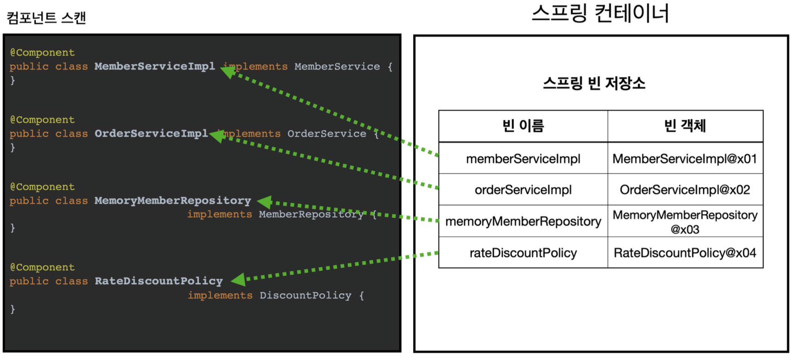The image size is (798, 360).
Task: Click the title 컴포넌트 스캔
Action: [x=46, y=18]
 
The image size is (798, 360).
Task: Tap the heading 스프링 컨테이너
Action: [x=600, y=13]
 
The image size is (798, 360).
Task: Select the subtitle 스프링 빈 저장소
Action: [x=594, y=83]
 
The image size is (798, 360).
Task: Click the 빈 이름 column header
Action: [x=523, y=126]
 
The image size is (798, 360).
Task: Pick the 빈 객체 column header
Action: [x=685, y=126]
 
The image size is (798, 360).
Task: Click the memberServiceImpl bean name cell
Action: [x=523, y=159]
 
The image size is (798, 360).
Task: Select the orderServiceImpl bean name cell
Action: [x=523, y=190]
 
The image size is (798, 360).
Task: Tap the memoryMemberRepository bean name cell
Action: [x=523, y=221]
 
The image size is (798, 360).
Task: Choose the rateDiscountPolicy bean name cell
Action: [x=523, y=253]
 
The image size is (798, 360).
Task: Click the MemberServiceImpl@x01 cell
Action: [x=685, y=159]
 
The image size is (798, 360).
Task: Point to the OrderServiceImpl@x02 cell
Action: [x=685, y=190]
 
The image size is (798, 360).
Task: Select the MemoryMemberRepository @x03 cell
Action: [x=685, y=221]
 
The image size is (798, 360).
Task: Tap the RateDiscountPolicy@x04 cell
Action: [x=685, y=253]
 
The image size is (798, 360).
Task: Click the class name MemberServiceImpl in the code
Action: [x=154, y=66]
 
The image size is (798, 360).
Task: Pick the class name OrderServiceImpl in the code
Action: [x=151, y=134]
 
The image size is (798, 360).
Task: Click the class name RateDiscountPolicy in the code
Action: [x=158, y=281]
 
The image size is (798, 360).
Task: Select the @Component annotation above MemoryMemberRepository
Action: [x=42, y=187]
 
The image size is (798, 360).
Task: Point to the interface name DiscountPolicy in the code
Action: [x=305, y=295]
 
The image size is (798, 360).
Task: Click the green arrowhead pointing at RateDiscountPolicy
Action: [x=238, y=279]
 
